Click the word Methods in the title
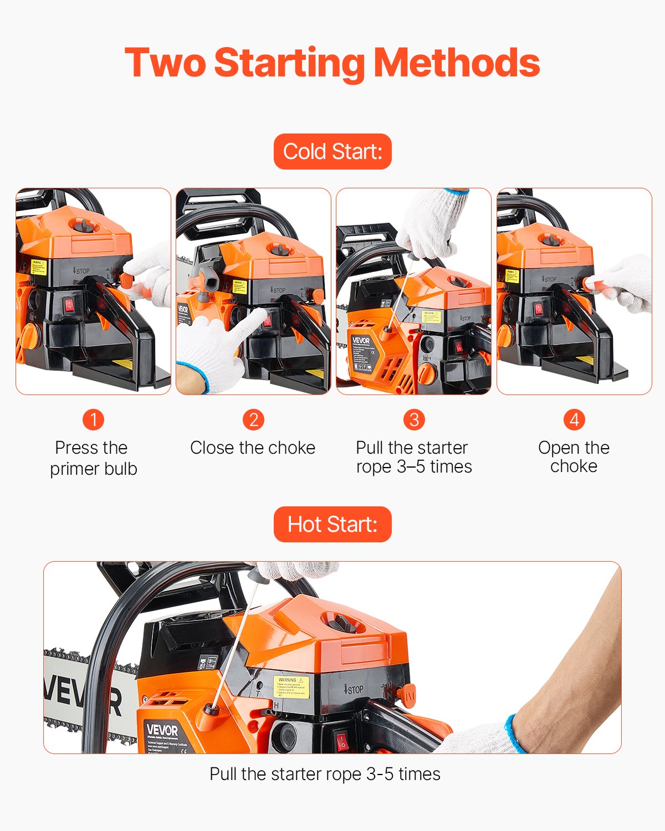click(x=457, y=63)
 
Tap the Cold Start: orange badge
click(x=332, y=151)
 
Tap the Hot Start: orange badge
click(x=332, y=524)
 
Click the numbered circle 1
click(x=93, y=419)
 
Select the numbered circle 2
click(x=253, y=419)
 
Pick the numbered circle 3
click(x=413, y=419)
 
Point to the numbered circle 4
click(x=574, y=419)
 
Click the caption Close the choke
click(x=253, y=448)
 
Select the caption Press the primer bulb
click(x=93, y=458)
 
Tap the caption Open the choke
click(x=574, y=456)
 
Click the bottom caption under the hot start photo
click(x=325, y=774)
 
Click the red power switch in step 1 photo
click(x=69, y=305)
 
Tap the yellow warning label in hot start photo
click(x=291, y=687)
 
